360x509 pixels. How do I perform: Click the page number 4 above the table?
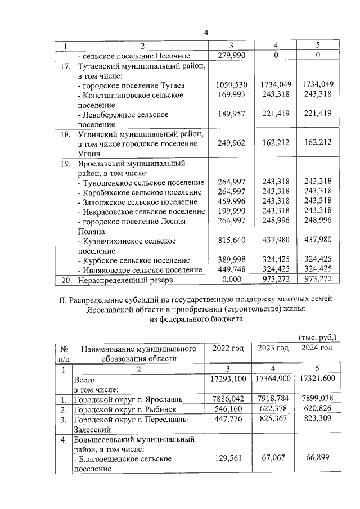coord(206,33)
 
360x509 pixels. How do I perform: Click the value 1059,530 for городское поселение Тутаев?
coord(232,84)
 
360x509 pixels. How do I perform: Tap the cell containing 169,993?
coord(232,95)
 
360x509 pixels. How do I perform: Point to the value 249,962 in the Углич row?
coord(232,143)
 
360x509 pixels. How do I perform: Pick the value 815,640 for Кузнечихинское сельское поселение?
coord(232,240)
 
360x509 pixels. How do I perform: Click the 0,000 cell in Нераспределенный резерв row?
coord(232,280)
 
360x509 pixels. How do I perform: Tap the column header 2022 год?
coord(228,348)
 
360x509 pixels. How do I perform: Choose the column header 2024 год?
coord(317,348)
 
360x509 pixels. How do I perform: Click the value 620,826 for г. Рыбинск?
coord(317,410)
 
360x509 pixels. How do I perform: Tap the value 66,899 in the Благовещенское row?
coord(317,458)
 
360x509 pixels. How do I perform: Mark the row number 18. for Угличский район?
coord(65,134)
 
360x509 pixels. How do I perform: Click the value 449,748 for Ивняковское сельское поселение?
coord(232,269)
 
